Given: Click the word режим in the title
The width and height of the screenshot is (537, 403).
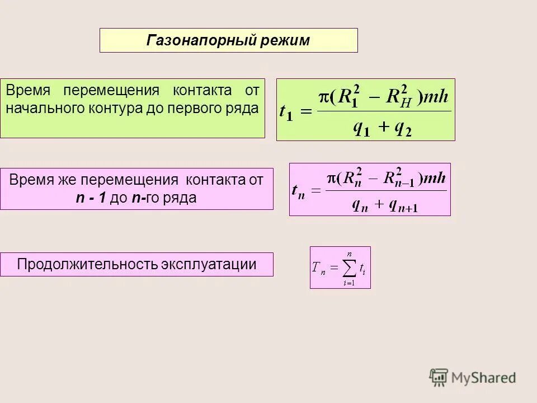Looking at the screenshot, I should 286,41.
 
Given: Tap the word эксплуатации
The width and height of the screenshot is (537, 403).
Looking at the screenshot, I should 209,264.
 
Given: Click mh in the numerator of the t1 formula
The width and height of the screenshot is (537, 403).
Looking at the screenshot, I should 435,98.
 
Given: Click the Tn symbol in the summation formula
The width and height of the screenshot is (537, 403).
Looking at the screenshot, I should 319,269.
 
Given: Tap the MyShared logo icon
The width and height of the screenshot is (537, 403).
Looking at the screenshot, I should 439,377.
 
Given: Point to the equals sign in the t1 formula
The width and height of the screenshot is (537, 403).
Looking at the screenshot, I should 306,112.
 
